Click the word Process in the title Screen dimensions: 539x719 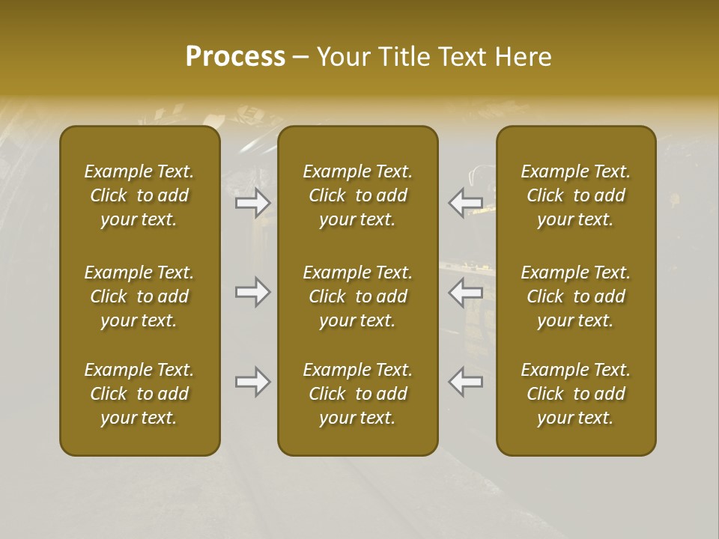pos(235,57)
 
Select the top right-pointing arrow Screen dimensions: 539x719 pos(252,202)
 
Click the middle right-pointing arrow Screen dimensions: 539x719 pos(252,292)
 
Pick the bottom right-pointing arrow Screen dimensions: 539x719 pos(252,382)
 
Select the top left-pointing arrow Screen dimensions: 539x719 pos(465,202)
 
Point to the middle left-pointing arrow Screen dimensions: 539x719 pos(465,292)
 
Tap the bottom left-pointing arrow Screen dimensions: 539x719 pos(465,382)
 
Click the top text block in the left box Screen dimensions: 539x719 pos(139,195)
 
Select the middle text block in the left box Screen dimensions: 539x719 pos(139,296)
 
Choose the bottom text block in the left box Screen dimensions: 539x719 pos(139,394)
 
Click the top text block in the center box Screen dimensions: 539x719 pos(357,195)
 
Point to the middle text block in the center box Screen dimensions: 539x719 pos(357,296)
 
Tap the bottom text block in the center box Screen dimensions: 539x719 pos(357,394)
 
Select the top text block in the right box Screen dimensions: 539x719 pos(575,195)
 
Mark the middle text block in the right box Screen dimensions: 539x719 pos(575,296)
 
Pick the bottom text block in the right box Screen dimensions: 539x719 pos(575,394)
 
